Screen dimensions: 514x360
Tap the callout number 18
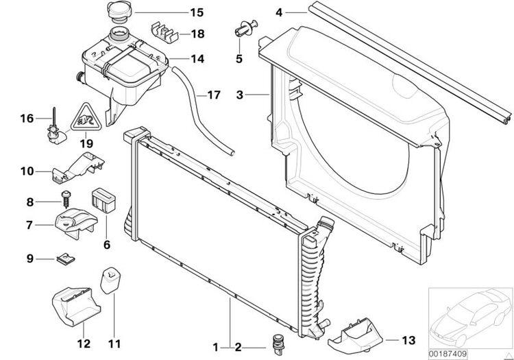pos(197,34)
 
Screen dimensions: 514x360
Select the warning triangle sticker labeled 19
pos(86,117)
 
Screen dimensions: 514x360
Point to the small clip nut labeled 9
pos(66,260)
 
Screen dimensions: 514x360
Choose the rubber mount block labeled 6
pos(103,200)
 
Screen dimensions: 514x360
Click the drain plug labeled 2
pos(278,344)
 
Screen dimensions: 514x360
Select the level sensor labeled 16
pos(56,127)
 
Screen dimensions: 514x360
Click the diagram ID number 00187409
pos(448,355)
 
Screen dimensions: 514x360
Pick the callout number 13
pos(408,340)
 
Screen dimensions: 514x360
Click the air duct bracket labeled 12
pos(76,307)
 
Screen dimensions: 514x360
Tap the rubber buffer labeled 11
pos(110,280)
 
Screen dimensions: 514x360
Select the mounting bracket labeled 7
pos(76,224)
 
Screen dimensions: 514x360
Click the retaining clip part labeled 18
pos(164,32)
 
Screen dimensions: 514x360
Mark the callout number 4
pos(279,12)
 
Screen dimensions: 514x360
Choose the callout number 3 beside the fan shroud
pos(240,95)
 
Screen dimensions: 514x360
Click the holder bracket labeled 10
pos(78,167)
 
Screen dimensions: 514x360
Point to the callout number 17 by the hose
pos(214,95)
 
